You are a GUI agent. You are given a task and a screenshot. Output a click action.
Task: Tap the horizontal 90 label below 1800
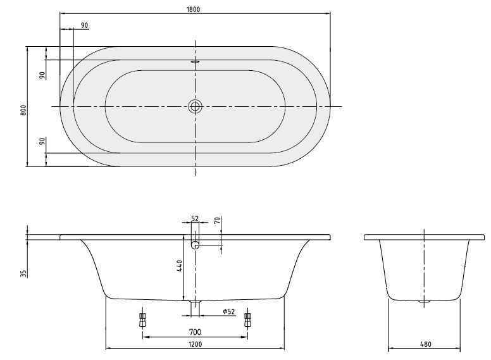[x=84, y=25]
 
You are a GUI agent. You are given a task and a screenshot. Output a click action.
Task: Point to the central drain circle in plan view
[x=196, y=106]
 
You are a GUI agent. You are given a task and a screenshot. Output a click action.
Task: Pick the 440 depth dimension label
[x=180, y=266]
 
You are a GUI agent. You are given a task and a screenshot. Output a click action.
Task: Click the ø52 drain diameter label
[x=228, y=311]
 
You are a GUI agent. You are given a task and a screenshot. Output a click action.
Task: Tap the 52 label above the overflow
[x=195, y=218]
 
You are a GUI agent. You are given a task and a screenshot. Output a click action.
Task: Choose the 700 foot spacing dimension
[x=195, y=332]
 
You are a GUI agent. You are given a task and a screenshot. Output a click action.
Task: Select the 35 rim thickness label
[x=23, y=273]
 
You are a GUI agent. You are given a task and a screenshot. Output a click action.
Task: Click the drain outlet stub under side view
[x=196, y=307]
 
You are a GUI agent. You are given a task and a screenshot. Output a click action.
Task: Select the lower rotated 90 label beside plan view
[x=42, y=142]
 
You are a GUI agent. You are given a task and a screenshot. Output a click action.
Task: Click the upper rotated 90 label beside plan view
[x=42, y=75]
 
